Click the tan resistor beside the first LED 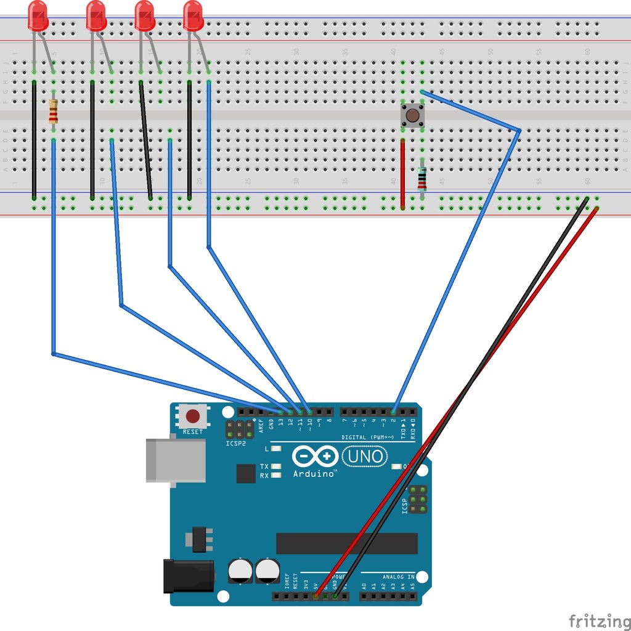[x=54, y=111]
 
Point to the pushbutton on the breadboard [x=412, y=115]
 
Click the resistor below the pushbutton [x=421, y=178]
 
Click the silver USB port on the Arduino [x=176, y=460]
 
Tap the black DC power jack [x=187, y=576]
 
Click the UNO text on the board [x=365, y=457]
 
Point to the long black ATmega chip [x=346, y=543]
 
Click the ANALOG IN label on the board [x=398, y=577]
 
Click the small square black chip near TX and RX [x=246, y=473]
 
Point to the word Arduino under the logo [x=314, y=474]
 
